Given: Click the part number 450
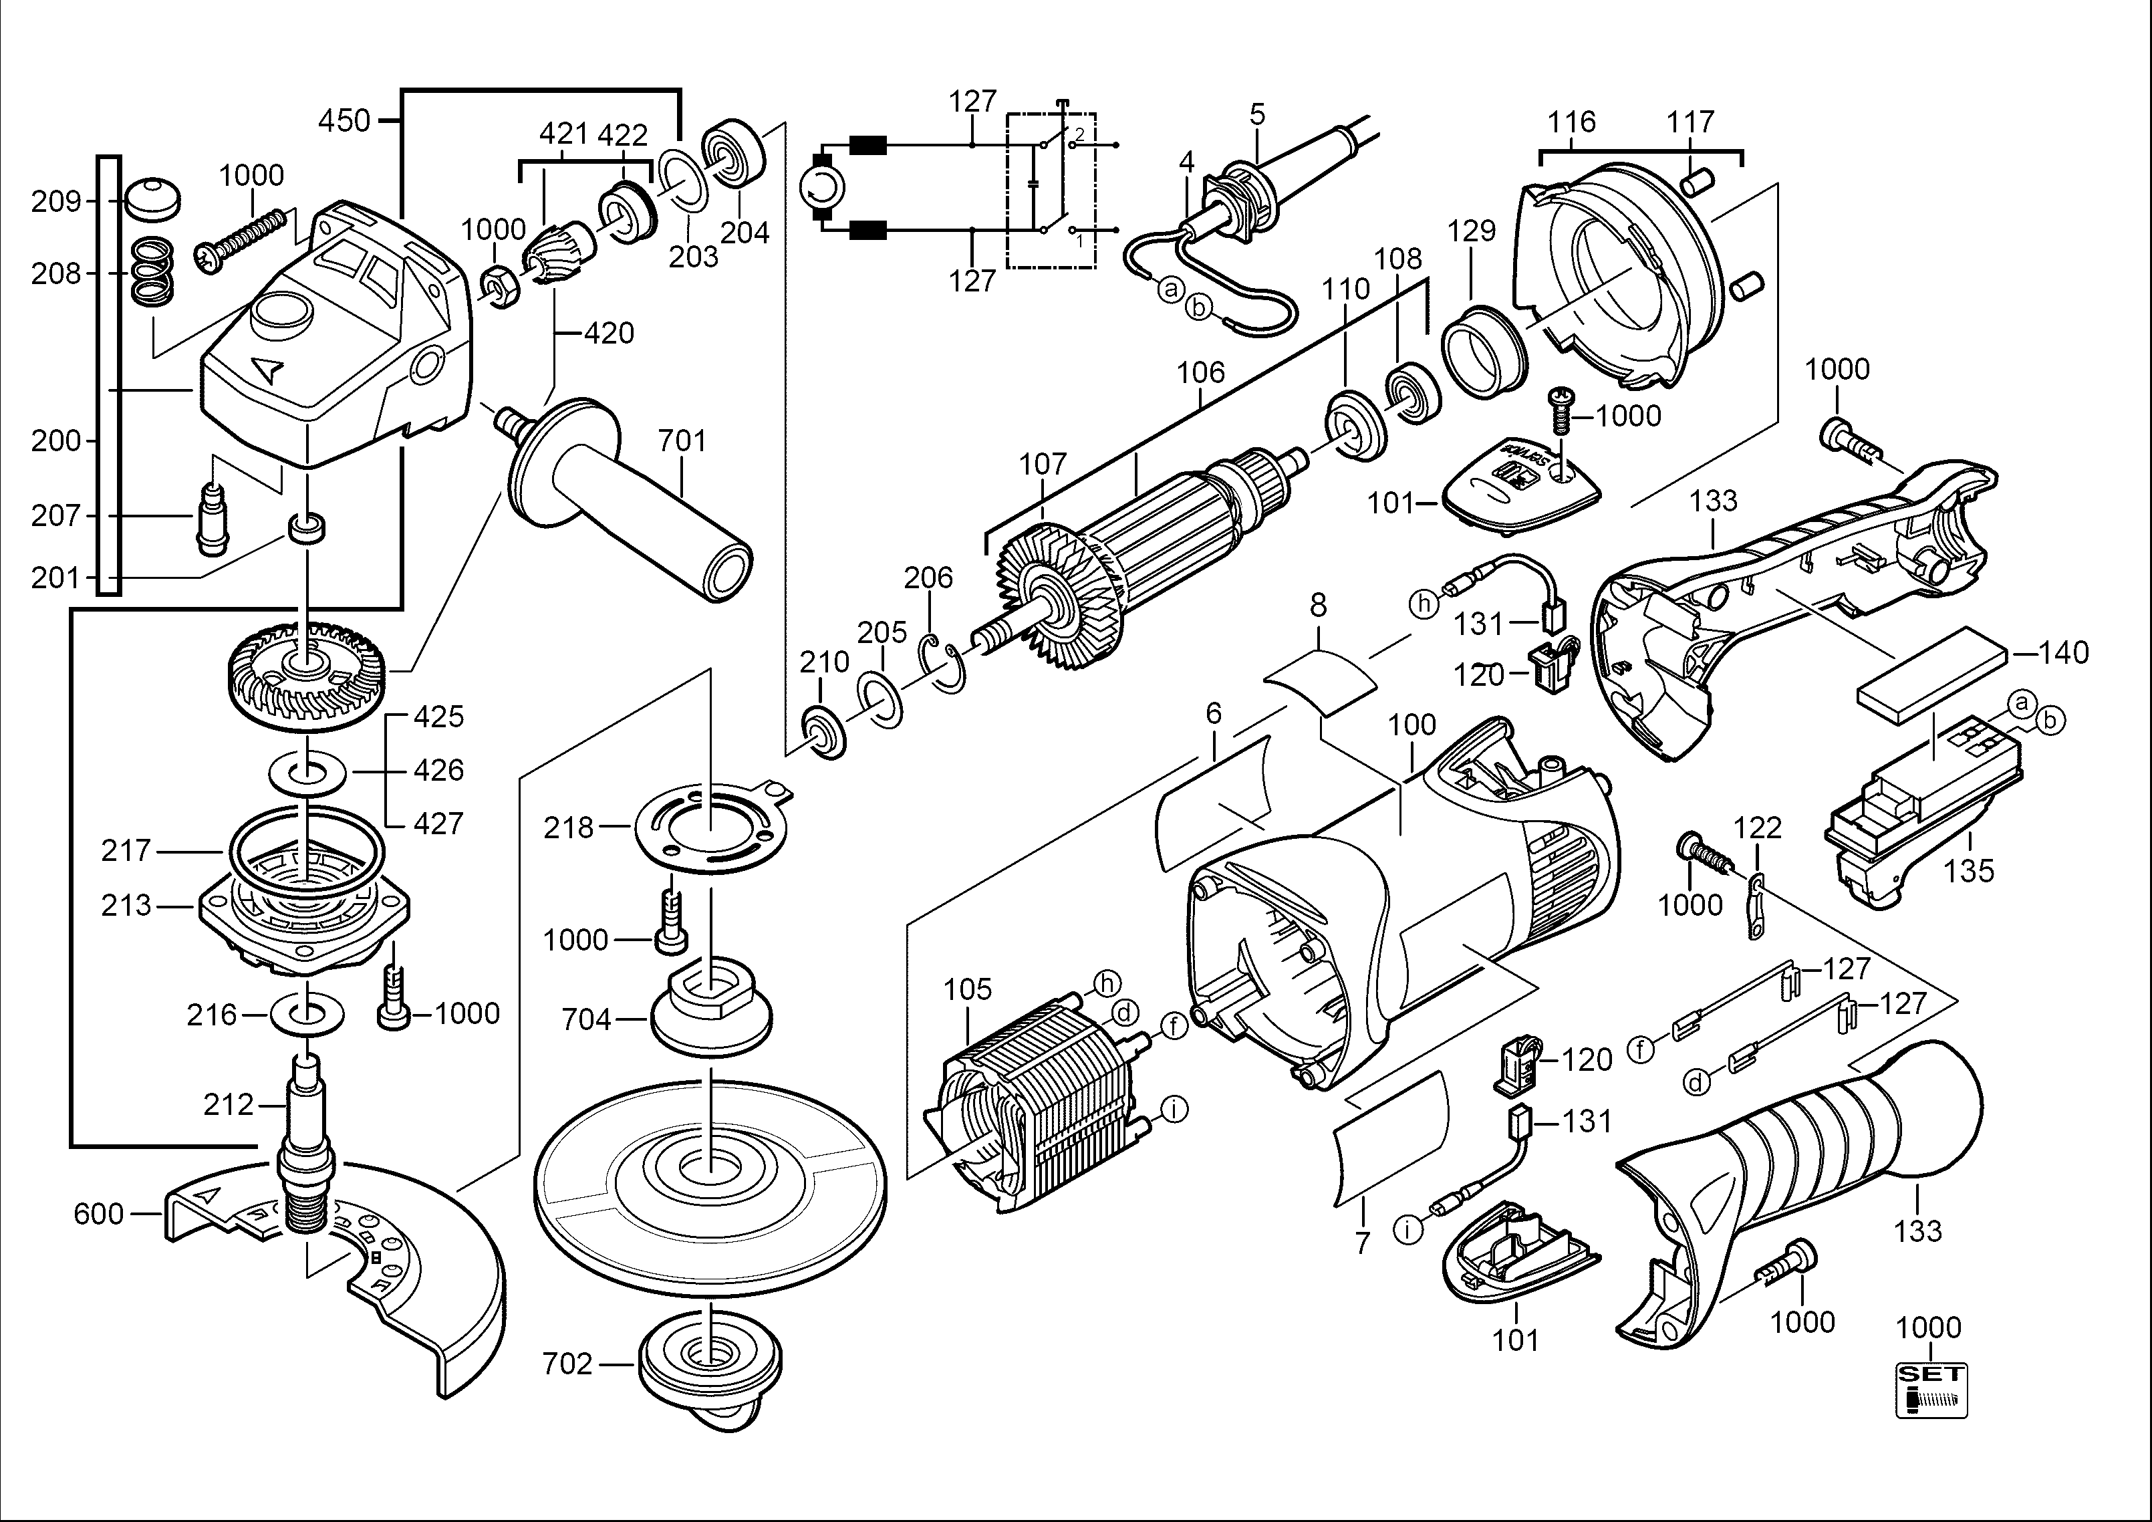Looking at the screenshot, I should (x=344, y=121).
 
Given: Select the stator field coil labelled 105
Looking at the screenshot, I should (x=1031, y=1106).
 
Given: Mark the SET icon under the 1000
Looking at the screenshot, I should (x=1931, y=1390).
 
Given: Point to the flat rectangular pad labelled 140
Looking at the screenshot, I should (x=1931, y=675).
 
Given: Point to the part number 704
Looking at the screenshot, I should (x=586, y=1019).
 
